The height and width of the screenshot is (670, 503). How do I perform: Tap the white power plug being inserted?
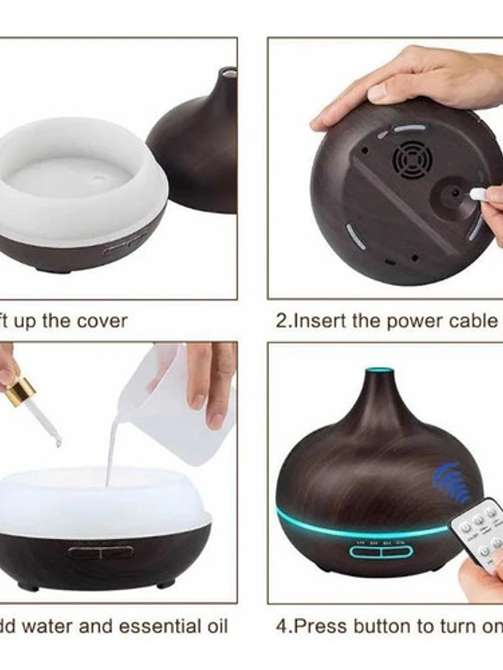(x=477, y=194)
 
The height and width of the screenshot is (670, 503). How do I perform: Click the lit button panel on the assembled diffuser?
(x=381, y=550)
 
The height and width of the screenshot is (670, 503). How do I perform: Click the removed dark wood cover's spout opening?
(x=228, y=71)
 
